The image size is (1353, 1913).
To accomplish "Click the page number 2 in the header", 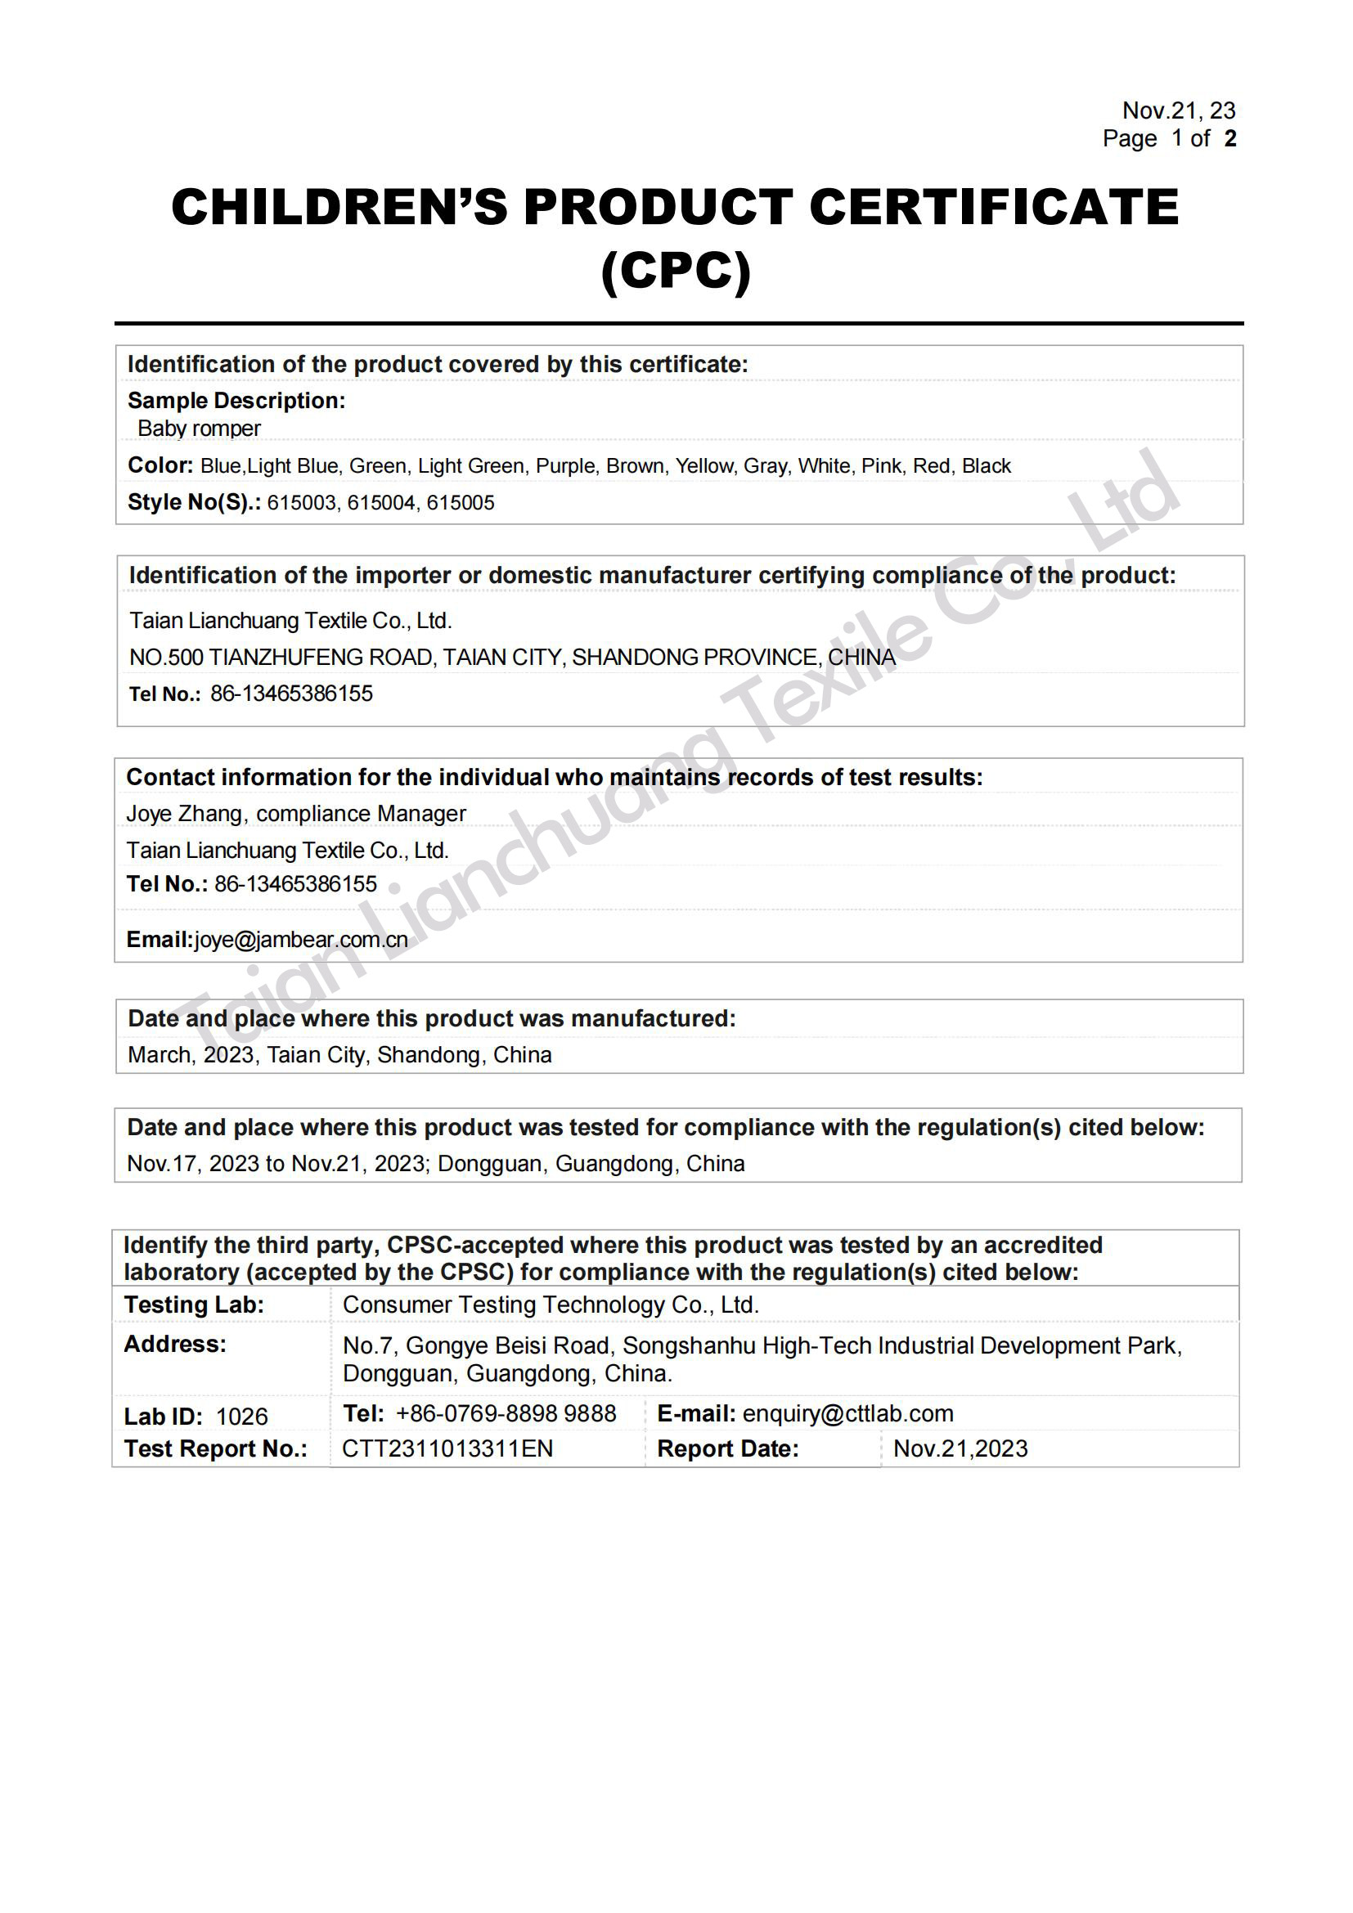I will click(1229, 138).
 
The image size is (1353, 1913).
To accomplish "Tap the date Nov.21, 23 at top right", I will click(1178, 110).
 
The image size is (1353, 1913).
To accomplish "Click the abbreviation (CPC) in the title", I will click(676, 271).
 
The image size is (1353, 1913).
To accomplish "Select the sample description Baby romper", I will click(199, 429).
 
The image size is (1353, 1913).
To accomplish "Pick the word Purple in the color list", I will click(566, 465).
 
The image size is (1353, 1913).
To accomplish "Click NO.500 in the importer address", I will click(166, 658).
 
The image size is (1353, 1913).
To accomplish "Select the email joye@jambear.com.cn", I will click(301, 940).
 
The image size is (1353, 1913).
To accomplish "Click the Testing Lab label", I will click(193, 1305).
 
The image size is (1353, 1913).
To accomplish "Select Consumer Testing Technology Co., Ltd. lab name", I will click(551, 1305).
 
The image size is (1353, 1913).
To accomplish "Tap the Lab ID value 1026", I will click(241, 1417).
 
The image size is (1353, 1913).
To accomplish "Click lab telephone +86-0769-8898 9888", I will click(506, 1413).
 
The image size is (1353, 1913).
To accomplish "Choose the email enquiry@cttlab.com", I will click(847, 1413).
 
